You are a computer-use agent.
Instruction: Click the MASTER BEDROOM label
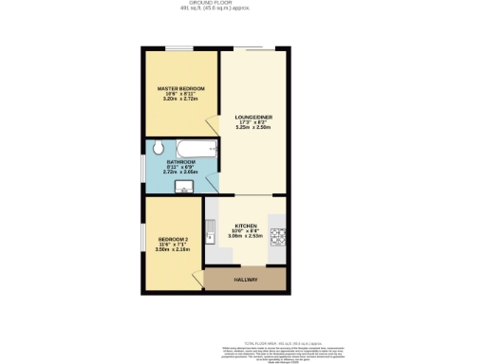click(181, 88)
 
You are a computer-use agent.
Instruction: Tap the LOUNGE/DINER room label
click(253, 117)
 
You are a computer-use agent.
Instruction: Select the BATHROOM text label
click(181, 162)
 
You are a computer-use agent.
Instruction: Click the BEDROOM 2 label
click(173, 238)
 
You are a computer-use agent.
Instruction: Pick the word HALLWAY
click(246, 281)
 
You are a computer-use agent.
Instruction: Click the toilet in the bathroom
click(159, 149)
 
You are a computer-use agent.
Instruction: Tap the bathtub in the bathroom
click(196, 149)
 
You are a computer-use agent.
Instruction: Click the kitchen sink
click(211, 227)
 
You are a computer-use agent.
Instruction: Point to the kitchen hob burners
click(278, 235)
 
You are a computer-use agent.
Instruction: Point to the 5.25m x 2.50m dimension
click(253, 128)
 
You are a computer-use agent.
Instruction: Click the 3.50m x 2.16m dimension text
click(173, 249)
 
